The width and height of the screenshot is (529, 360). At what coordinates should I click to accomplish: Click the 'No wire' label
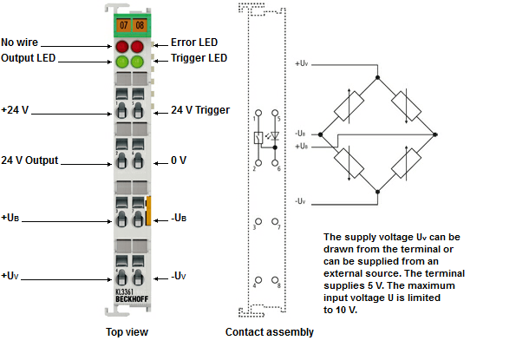(x=20, y=42)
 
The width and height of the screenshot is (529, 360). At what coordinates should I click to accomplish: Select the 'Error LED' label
(x=194, y=42)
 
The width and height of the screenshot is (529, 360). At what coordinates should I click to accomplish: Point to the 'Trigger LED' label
(x=199, y=58)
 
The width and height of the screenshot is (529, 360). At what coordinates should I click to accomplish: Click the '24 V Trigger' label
(x=200, y=110)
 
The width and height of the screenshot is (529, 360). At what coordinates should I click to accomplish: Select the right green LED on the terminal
(x=139, y=62)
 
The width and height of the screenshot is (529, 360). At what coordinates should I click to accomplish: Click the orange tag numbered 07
(x=122, y=25)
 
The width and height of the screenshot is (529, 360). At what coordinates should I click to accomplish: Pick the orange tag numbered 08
(x=139, y=25)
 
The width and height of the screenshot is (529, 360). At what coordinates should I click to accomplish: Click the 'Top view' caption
(x=127, y=331)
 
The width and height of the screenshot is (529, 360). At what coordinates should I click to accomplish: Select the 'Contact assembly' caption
(x=269, y=331)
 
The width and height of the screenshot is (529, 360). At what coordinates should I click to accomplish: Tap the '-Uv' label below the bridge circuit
(x=300, y=200)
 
